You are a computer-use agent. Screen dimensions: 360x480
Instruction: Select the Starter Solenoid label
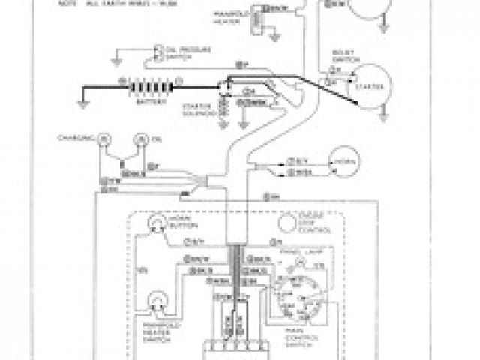coord(196,110)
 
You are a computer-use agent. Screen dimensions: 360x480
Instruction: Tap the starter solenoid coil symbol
coord(222,107)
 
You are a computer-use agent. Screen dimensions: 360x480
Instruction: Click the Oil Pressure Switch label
coord(178,52)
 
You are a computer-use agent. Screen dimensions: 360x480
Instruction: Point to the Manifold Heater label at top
coord(226,16)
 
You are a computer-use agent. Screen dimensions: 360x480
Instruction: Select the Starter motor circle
coord(367,83)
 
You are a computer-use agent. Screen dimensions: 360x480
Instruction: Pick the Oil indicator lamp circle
coord(139,139)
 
